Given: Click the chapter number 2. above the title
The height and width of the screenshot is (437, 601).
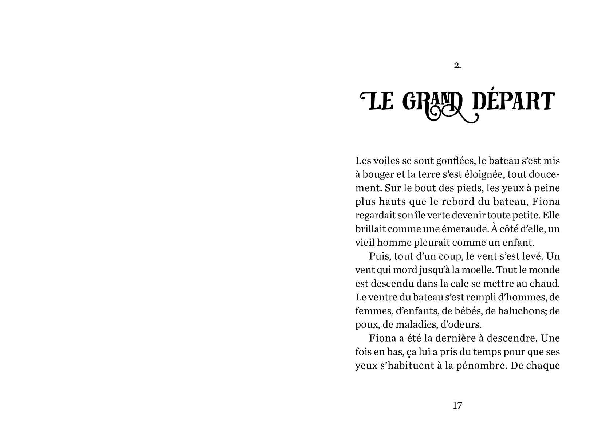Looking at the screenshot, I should [x=457, y=66].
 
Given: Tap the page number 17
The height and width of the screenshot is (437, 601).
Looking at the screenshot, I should [x=457, y=405].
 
